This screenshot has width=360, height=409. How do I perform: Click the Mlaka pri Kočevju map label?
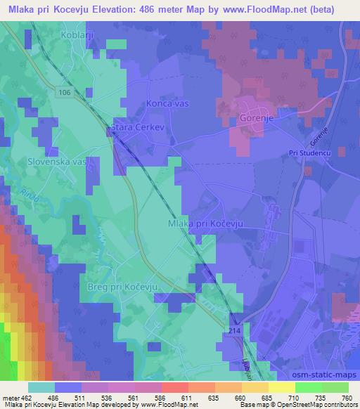(205, 223)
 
